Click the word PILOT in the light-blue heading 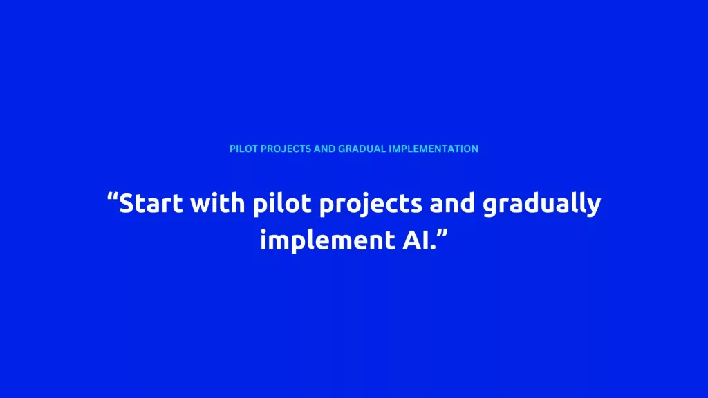(243, 149)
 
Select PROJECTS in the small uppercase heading (286, 149)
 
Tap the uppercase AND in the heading (325, 149)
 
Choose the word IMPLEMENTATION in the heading (434, 149)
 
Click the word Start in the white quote (151, 203)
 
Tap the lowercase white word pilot (282, 205)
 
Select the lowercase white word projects (371, 205)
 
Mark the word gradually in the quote (542, 205)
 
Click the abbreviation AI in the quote (416, 239)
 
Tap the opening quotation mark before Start (113, 197)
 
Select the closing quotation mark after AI (442, 234)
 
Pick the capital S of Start (127, 203)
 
